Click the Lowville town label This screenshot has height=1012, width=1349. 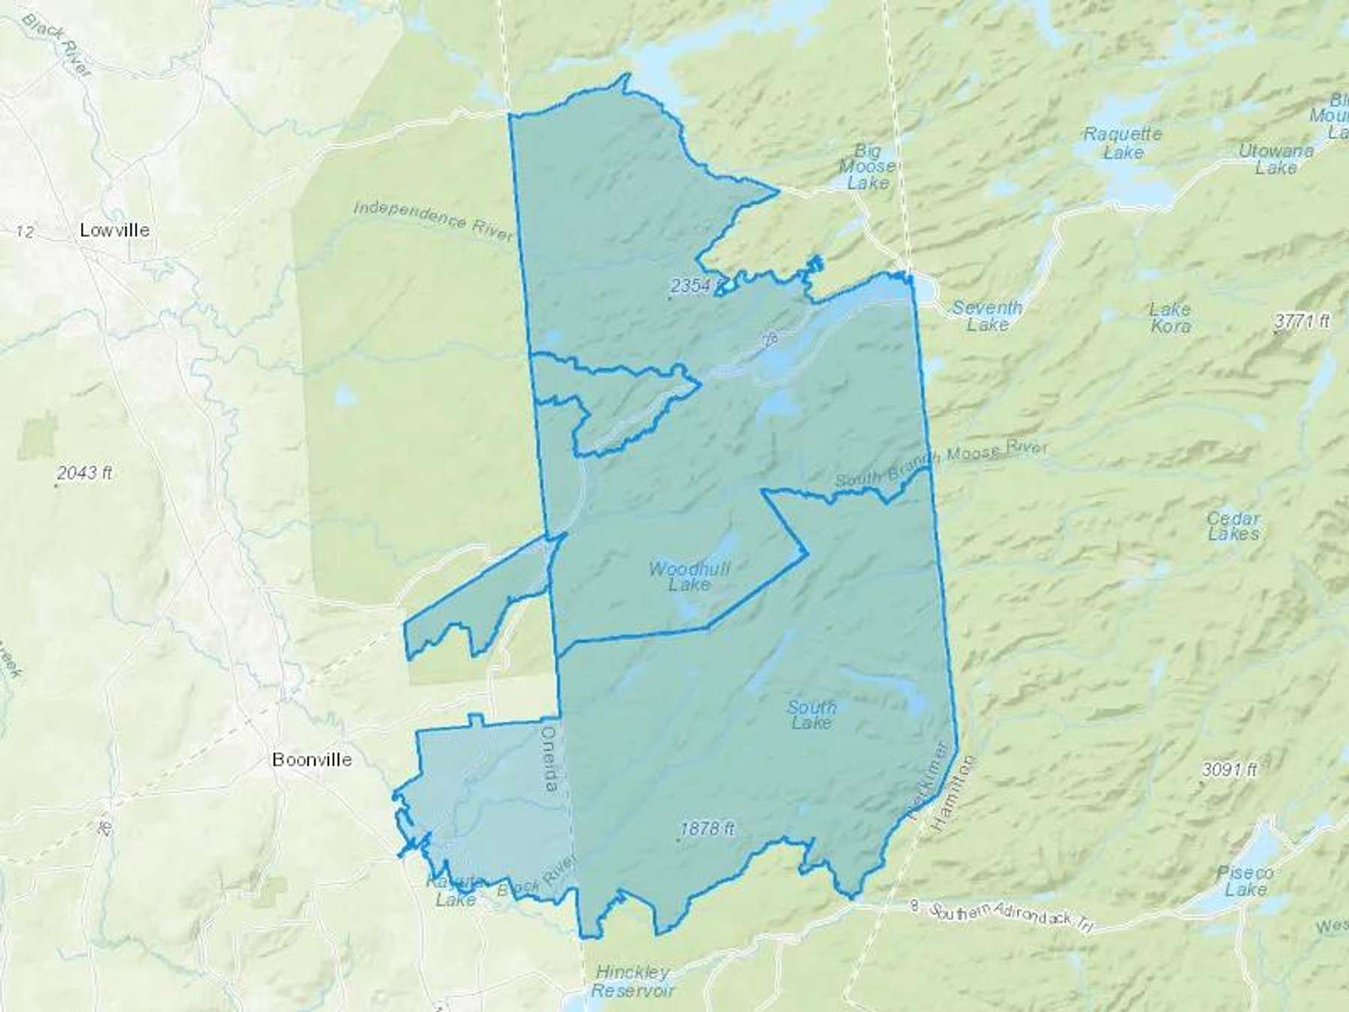115,230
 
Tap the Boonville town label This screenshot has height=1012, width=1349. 312,759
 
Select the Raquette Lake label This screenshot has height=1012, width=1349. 1123,143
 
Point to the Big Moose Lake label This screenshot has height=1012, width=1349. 867,166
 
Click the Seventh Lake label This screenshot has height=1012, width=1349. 987,316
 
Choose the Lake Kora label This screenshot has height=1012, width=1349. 1170,317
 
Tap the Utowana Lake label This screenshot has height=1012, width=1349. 1276,159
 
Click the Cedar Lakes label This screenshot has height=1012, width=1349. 1233,526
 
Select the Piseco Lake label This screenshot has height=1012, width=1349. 1245,882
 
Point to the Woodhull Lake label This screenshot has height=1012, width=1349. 689,576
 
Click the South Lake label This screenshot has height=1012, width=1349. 812,714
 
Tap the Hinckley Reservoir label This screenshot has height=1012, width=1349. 633,982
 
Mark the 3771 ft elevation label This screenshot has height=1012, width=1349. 1302,321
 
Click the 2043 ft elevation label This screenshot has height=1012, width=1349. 85,473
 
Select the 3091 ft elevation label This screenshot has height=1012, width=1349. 1229,770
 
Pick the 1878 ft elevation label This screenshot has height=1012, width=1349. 707,829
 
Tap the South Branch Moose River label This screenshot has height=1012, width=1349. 941,465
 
